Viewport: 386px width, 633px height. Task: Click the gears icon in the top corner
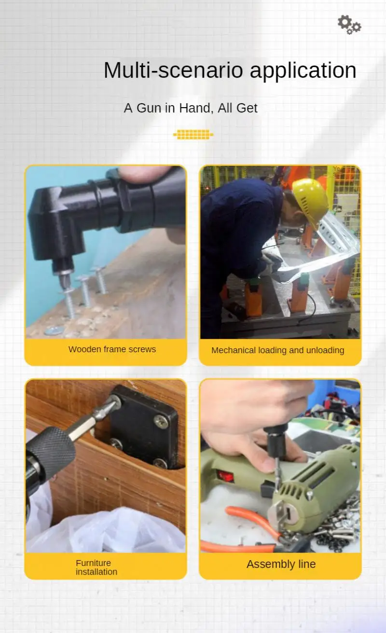coord(349,25)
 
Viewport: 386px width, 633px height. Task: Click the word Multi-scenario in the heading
coord(173,70)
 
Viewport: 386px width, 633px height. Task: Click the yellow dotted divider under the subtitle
coord(193,135)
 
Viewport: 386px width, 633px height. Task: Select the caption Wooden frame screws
coord(112,349)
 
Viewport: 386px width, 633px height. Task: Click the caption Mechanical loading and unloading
coord(278,350)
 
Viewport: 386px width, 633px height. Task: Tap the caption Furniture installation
coord(96,567)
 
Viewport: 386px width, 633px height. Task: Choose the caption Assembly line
coord(281,564)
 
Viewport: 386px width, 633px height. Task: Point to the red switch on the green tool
coord(225,476)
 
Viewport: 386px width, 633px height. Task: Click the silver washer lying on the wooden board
coord(54,330)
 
